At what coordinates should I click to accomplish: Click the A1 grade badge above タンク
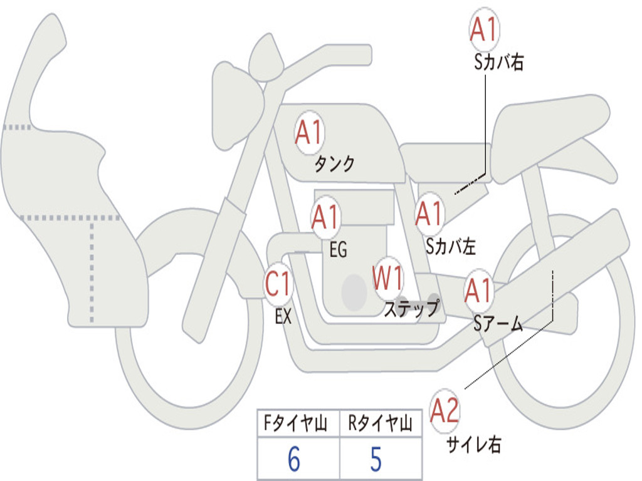pyautogui.click(x=308, y=133)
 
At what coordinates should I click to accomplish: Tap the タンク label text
pyautogui.click(x=334, y=164)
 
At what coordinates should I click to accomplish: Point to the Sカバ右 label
pyautogui.click(x=499, y=63)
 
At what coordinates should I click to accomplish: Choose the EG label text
pyautogui.click(x=338, y=251)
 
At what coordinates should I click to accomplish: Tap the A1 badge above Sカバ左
pyautogui.click(x=429, y=214)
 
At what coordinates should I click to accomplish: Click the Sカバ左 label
pyautogui.click(x=450, y=247)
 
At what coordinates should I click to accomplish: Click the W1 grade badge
pyautogui.click(x=388, y=278)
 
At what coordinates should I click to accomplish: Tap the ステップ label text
pyautogui.click(x=411, y=309)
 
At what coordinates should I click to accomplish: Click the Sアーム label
pyautogui.click(x=498, y=323)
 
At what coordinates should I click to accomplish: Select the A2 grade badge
pyautogui.click(x=445, y=411)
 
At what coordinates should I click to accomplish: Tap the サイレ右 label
pyautogui.click(x=473, y=445)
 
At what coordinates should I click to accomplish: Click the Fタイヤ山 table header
pyautogui.click(x=298, y=425)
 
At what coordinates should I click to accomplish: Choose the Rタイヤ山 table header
pyautogui.click(x=380, y=425)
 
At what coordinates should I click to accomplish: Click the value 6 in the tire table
pyautogui.click(x=294, y=460)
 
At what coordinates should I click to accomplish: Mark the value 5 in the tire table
pyautogui.click(x=376, y=460)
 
